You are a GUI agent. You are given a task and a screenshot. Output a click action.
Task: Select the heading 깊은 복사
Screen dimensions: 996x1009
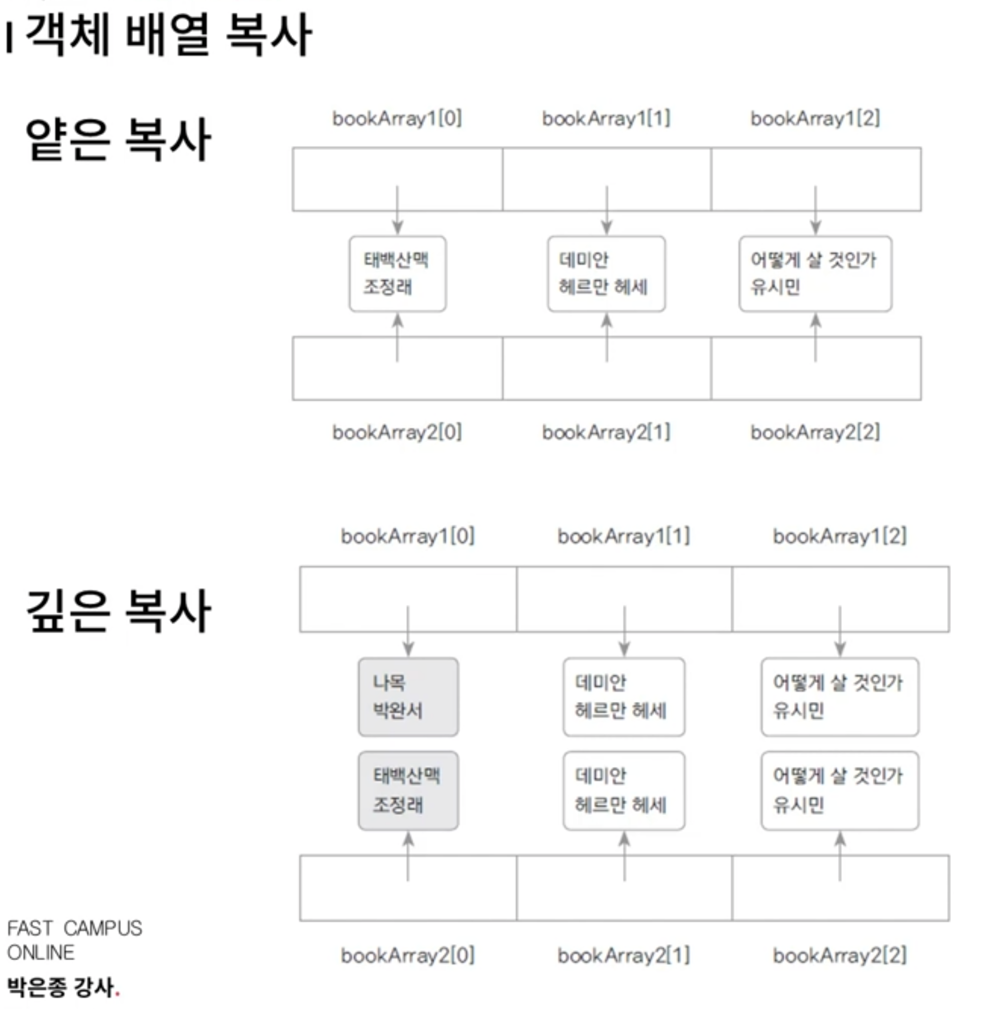coord(118,611)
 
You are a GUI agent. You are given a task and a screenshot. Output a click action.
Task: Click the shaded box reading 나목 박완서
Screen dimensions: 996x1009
coord(409,697)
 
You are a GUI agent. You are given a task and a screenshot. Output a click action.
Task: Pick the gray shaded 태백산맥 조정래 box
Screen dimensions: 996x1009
coord(409,791)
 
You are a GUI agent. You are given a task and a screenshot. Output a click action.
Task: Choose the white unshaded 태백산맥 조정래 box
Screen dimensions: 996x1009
coord(398,274)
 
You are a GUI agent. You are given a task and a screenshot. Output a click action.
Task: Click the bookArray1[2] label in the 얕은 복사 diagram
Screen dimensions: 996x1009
coord(815,118)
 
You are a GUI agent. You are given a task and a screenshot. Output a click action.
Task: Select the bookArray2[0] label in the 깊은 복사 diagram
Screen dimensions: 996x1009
coord(408,956)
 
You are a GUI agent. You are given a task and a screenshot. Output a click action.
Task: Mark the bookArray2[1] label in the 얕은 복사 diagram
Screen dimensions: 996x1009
coord(606,433)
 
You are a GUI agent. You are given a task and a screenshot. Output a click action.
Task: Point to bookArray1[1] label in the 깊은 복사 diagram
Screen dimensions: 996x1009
coord(624,536)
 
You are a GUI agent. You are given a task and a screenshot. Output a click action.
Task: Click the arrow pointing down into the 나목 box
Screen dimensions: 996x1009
coord(409,631)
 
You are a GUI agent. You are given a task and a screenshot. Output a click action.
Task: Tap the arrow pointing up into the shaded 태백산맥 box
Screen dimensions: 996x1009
coord(409,857)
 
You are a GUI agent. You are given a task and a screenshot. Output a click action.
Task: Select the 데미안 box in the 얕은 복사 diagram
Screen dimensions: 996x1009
coord(606,274)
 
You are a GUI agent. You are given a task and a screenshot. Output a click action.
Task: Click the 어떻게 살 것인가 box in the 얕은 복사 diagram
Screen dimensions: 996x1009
coord(815,274)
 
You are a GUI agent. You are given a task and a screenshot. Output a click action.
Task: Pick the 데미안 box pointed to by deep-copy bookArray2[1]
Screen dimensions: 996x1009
coord(624,791)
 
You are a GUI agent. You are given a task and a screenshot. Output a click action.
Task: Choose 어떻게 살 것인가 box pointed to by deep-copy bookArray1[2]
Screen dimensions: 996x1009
coord(840,697)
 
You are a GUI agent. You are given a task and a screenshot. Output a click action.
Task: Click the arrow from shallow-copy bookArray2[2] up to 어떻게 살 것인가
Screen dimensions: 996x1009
coord(816,337)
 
